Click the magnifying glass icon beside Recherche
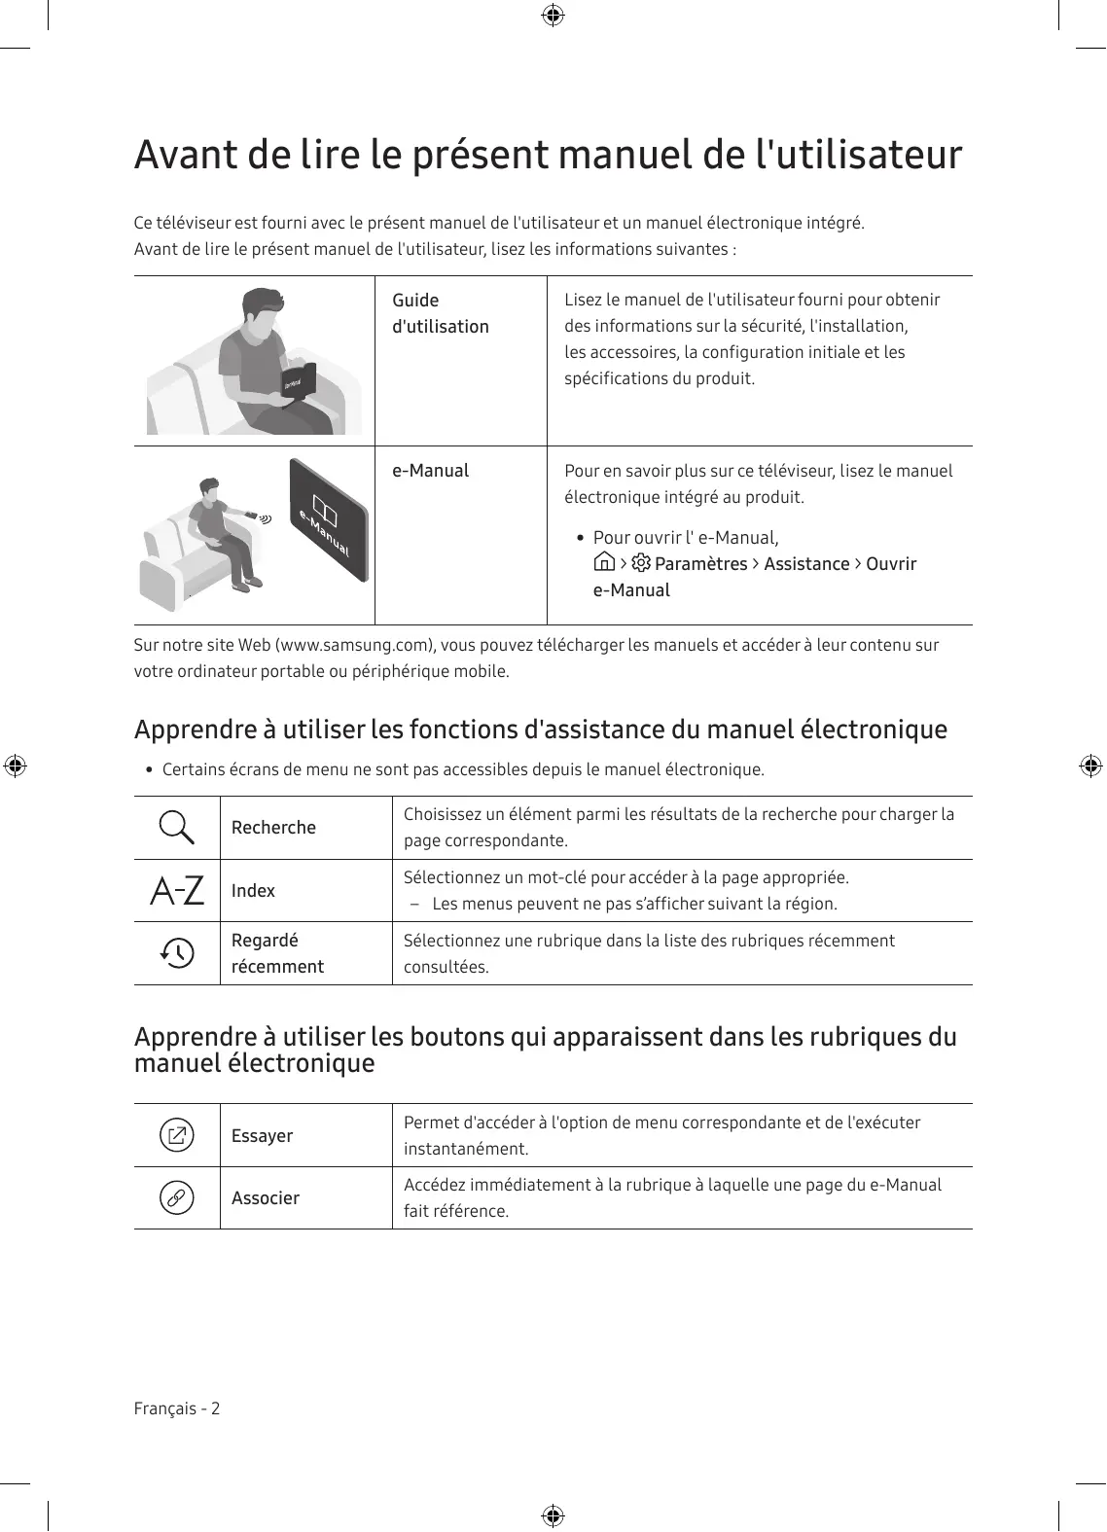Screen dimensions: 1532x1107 [x=176, y=827]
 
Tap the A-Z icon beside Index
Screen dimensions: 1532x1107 [x=177, y=890]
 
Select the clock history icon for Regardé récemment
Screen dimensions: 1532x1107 [x=177, y=952]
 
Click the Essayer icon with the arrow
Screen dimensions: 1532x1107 [x=177, y=1135]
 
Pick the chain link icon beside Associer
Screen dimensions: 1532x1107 [x=177, y=1197]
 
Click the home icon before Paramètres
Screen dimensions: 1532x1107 [x=604, y=563]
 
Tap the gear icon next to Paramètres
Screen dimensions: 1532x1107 [x=641, y=563]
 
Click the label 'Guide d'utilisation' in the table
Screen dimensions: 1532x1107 [x=440, y=313]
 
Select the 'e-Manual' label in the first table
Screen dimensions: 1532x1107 [x=430, y=471]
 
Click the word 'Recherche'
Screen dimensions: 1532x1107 [x=273, y=828]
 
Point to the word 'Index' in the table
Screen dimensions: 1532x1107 [x=253, y=891]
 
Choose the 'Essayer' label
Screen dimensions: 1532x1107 [x=262, y=1136]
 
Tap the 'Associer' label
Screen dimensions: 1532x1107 [x=265, y=1198]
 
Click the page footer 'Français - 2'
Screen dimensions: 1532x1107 [x=177, y=1408]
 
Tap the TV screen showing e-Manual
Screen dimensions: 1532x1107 [x=329, y=520]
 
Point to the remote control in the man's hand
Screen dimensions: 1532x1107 [x=251, y=514]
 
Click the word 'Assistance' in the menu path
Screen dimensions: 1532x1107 [x=806, y=564]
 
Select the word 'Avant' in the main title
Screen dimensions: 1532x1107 [x=183, y=156]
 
